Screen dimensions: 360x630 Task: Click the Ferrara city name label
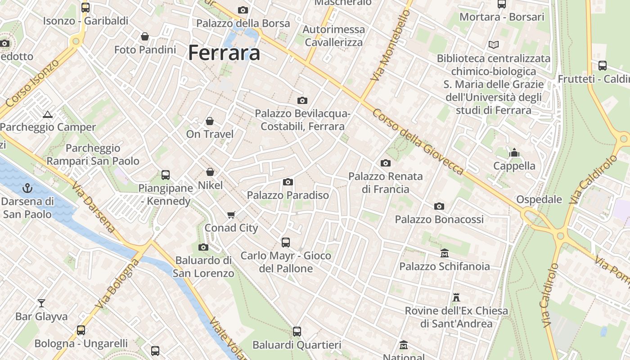point(224,53)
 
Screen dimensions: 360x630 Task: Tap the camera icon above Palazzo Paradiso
point(288,182)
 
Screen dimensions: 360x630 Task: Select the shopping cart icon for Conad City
point(231,215)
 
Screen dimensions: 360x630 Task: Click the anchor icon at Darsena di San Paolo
point(28,188)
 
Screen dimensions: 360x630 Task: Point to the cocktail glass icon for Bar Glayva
point(41,303)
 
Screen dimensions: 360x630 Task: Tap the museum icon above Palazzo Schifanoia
point(445,253)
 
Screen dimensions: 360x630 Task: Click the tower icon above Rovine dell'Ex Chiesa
point(456,297)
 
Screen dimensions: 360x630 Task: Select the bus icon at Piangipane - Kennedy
point(165,175)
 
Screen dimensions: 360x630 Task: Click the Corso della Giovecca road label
point(417,142)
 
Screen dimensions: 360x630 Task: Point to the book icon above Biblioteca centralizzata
point(494,45)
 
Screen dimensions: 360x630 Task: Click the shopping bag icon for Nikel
point(210,172)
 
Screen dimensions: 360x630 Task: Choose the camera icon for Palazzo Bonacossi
point(439,206)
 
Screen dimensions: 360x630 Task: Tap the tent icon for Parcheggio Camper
point(48,114)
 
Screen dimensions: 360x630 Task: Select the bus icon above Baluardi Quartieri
point(297,332)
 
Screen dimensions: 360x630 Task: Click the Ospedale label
point(539,199)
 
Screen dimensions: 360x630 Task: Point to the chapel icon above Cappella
point(514,153)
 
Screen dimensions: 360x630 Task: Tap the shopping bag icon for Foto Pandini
point(145,36)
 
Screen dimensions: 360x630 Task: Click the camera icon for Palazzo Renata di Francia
point(386,163)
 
